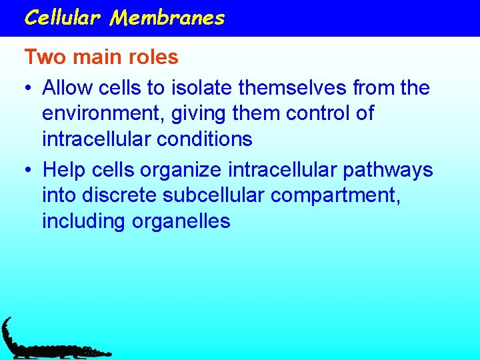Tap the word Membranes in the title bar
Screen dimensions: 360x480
point(168,17)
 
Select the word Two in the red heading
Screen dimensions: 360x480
point(45,57)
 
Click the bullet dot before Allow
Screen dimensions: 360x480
point(29,89)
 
